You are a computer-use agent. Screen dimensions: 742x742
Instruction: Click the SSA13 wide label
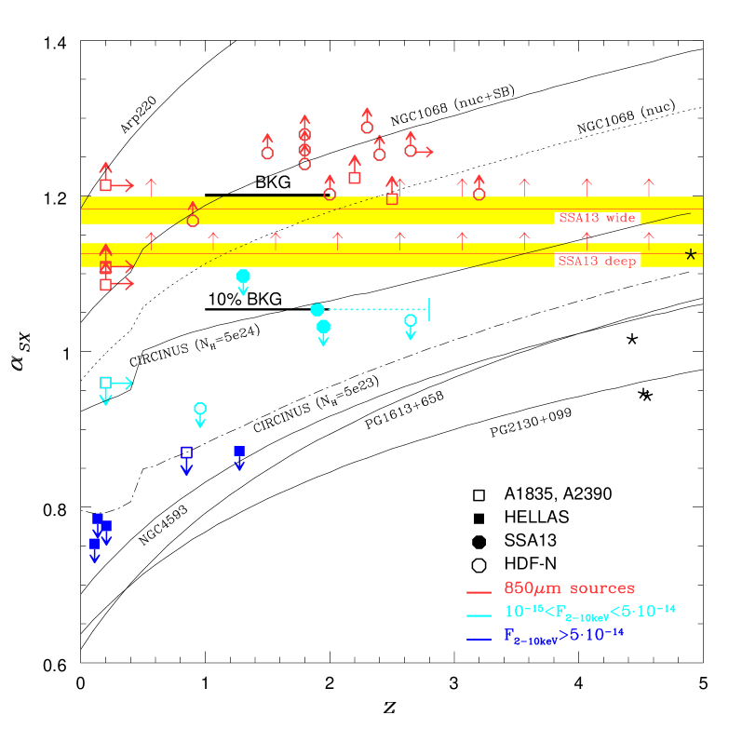(597, 219)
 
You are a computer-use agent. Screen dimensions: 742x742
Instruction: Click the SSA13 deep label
(597, 262)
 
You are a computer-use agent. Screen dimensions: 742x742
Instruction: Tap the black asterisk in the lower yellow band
(691, 255)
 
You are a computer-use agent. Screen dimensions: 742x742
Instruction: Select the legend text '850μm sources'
(569, 588)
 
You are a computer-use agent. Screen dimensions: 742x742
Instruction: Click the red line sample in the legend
(479, 592)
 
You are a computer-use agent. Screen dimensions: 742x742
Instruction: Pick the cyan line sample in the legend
(479, 615)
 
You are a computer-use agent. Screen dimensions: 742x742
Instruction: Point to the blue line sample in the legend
(479, 639)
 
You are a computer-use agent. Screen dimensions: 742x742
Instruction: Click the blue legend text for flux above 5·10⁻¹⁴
(563, 636)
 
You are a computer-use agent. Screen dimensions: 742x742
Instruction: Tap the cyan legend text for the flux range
(589, 612)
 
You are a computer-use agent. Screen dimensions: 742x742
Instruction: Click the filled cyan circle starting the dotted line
(317, 310)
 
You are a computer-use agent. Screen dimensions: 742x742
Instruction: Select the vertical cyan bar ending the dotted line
(428, 309)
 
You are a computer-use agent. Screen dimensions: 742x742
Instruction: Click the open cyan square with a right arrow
(105, 383)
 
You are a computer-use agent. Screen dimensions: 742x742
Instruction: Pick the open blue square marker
(186, 452)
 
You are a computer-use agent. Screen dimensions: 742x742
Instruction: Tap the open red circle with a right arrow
(411, 151)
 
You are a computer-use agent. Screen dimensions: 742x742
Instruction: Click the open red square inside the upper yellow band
(392, 199)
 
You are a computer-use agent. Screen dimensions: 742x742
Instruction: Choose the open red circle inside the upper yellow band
(193, 221)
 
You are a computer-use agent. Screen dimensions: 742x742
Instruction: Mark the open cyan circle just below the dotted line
(411, 320)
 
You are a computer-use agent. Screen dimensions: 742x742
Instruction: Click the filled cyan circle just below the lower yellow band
(243, 276)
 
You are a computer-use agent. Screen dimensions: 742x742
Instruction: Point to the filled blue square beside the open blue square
(239, 452)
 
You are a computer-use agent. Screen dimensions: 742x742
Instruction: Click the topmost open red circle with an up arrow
(367, 128)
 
